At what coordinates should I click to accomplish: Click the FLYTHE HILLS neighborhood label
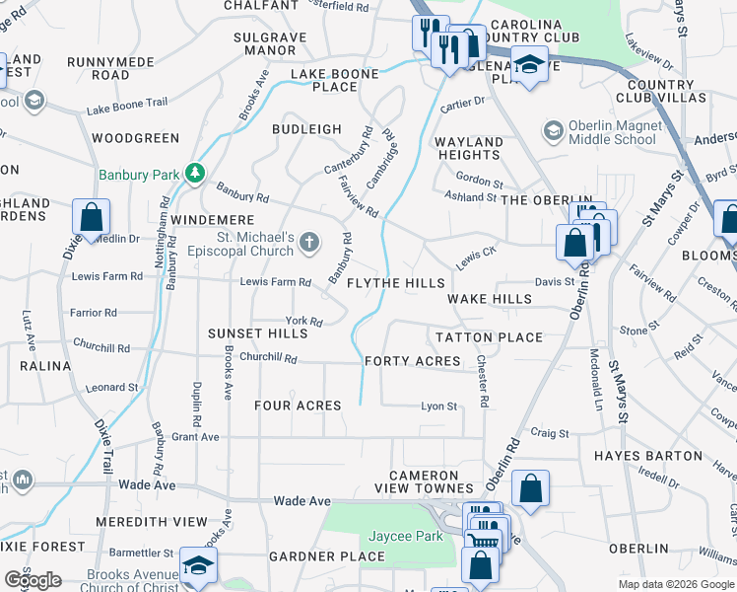tap(396, 283)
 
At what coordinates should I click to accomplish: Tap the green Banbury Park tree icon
tap(196, 175)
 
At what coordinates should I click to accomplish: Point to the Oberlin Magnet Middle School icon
tap(553, 130)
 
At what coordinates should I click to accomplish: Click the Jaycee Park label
tap(404, 536)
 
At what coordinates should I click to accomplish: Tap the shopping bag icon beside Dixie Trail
tap(91, 217)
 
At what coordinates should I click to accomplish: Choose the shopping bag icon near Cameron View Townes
tap(530, 486)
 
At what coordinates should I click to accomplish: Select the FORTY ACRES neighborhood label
tap(412, 361)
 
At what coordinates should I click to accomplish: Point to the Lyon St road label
tap(438, 406)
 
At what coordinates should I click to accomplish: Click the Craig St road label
tap(550, 433)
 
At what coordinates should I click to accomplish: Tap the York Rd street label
tap(303, 321)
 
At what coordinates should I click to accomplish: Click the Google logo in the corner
tap(32, 580)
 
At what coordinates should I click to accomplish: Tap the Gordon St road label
tap(479, 184)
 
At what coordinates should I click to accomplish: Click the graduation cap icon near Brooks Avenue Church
tap(197, 567)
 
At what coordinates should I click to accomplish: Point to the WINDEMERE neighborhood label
tap(212, 220)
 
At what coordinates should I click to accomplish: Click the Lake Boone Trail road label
tap(126, 109)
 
